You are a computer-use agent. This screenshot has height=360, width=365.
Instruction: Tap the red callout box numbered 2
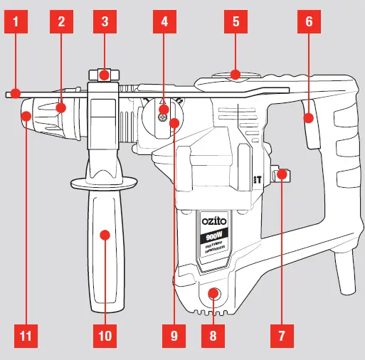click(62, 21)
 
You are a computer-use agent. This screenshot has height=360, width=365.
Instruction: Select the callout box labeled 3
click(105, 21)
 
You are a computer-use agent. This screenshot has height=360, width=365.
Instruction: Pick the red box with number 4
click(165, 21)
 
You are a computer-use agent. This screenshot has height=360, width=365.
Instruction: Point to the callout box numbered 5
click(236, 21)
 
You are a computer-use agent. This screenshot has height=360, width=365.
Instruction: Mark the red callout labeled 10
click(105, 334)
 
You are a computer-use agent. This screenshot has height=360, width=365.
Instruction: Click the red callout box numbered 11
click(25, 334)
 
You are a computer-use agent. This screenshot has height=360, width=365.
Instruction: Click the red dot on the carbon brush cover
click(211, 293)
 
